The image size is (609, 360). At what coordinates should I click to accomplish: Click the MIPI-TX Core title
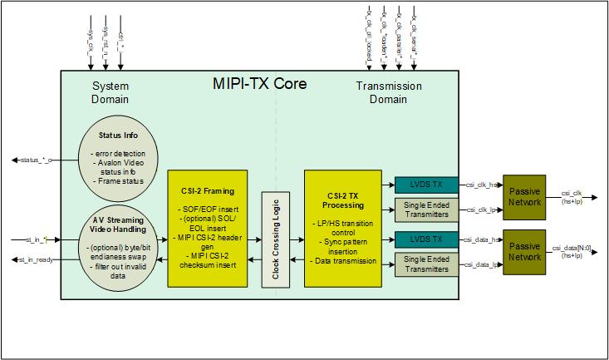(261, 85)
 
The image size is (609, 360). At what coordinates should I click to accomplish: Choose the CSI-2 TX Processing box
(341, 229)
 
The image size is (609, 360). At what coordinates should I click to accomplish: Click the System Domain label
(111, 92)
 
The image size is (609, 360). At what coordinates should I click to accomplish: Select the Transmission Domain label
(388, 92)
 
